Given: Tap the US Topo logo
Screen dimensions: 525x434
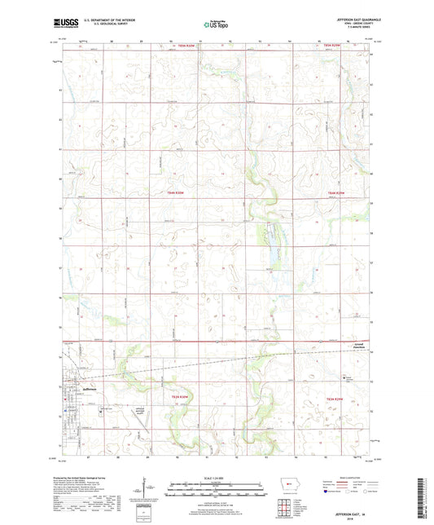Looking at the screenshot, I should (x=217, y=24).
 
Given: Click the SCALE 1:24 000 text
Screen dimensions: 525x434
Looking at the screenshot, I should (x=216, y=478).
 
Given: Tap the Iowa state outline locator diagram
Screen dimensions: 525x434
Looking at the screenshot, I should (x=283, y=494).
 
